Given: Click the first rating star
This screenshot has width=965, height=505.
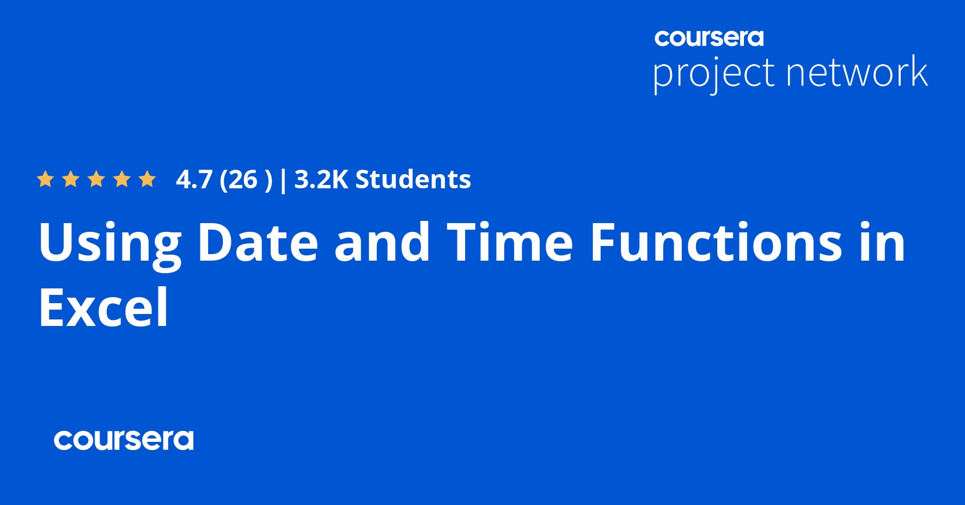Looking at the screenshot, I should point(45,179).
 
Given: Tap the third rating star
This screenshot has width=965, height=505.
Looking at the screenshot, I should point(96,179).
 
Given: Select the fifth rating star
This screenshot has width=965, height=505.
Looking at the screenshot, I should point(147,179).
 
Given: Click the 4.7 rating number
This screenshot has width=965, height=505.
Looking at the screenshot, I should point(194,180).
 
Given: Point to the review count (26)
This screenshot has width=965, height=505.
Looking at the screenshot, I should point(245,180).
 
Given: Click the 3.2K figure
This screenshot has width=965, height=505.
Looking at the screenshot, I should point(321,180).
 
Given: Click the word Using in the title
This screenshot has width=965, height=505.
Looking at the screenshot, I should point(109,243).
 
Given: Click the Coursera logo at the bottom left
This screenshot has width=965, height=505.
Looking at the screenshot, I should point(124,440).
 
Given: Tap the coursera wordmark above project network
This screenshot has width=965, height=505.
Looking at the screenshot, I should point(709,38).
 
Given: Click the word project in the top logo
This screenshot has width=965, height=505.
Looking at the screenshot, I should point(713,73).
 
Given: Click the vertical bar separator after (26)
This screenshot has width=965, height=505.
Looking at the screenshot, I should point(283,180).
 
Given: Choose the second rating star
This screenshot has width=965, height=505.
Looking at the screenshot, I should point(71,179).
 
